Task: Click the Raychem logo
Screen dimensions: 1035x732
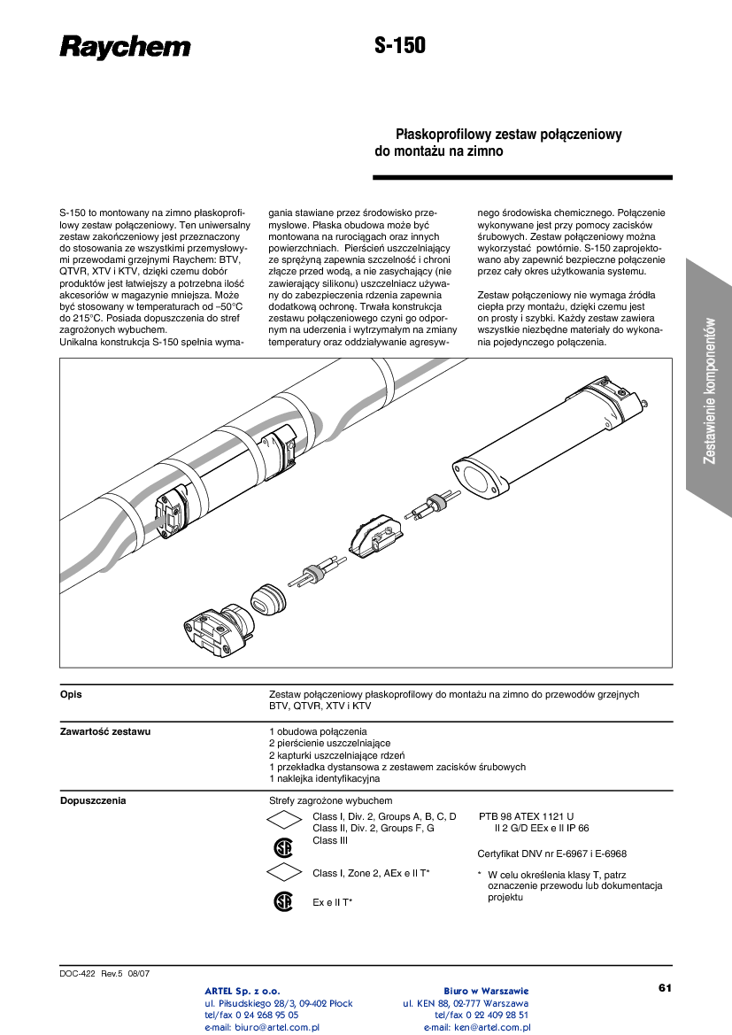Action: coord(125,47)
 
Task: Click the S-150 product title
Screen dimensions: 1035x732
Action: coord(400,46)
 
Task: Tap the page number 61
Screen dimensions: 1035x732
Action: coord(666,987)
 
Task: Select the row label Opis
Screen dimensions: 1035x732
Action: coord(71,695)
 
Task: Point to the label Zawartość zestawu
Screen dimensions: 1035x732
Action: coord(104,732)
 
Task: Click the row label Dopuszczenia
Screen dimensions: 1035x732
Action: coord(92,801)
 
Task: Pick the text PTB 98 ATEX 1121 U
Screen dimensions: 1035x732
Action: coord(526,816)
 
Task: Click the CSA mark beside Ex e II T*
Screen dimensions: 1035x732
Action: coord(282,901)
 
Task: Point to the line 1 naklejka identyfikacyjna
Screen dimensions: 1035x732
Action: coord(324,779)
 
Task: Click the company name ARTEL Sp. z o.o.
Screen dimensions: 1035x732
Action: coord(243,990)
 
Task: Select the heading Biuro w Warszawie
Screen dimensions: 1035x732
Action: coord(486,990)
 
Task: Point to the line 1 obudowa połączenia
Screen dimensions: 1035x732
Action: coord(317,732)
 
